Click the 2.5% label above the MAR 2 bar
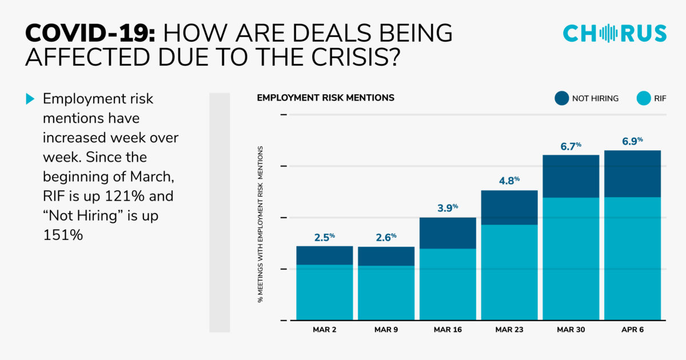click(x=325, y=237)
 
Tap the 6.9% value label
click(x=632, y=141)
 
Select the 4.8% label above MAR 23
click(x=509, y=181)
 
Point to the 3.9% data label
click(x=448, y=208)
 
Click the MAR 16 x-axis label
click(x=448, y=330)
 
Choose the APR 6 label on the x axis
click(x=632, y=330)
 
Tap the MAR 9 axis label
click(x=386, y=330)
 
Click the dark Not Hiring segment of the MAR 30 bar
click(x=571, y=177)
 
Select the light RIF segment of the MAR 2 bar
click(x=325, y=293)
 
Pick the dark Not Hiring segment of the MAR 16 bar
click(x=448, y=233)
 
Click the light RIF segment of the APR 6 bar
click(x=632, y=259)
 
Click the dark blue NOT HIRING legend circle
click(x=561, y=98)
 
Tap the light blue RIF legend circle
click(x=644, y=98)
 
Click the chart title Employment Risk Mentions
click(x=325, y=98)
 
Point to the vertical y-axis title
click(x=260, y=225)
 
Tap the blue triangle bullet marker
click(x=30, y=98)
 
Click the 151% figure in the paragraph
click(x=63, y=235)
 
